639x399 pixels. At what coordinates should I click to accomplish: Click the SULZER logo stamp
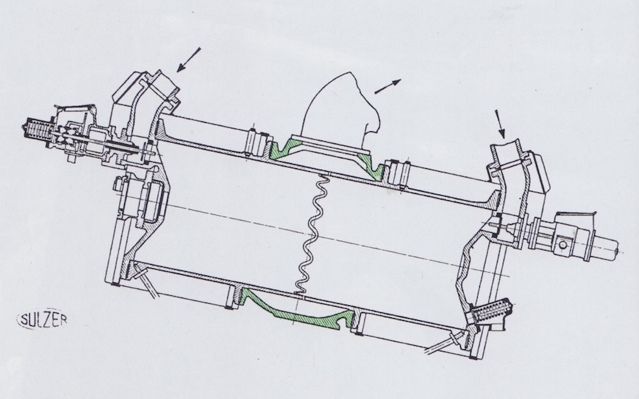coord(42,319)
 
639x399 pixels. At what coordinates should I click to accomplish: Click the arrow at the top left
coord(189,60)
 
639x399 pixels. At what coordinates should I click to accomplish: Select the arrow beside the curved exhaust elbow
coord(388,87)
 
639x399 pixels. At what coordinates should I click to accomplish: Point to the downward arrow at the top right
coord(500,124)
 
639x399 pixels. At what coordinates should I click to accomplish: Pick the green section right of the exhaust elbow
coord(370,165)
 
